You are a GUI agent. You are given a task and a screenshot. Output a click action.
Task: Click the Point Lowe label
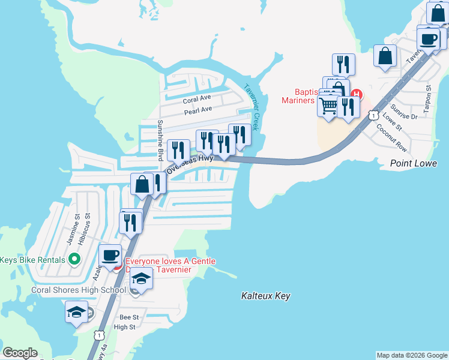(414, 163)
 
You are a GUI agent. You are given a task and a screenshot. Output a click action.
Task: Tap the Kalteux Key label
(265, 296)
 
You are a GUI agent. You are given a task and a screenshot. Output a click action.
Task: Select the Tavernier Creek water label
(251, 107)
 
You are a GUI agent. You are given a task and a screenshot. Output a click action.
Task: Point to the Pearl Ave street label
(198, 110)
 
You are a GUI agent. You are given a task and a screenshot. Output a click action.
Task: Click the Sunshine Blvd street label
(160, 140)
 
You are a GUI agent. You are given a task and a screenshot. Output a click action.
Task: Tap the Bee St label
(129, 317)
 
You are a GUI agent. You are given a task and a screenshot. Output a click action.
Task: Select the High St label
(125, 327)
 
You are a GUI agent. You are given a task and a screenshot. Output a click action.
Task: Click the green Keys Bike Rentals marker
(74, 260)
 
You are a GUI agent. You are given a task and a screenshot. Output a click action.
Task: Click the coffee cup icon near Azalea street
(110, 255)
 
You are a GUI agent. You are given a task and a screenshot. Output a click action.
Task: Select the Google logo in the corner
(20, 353)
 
